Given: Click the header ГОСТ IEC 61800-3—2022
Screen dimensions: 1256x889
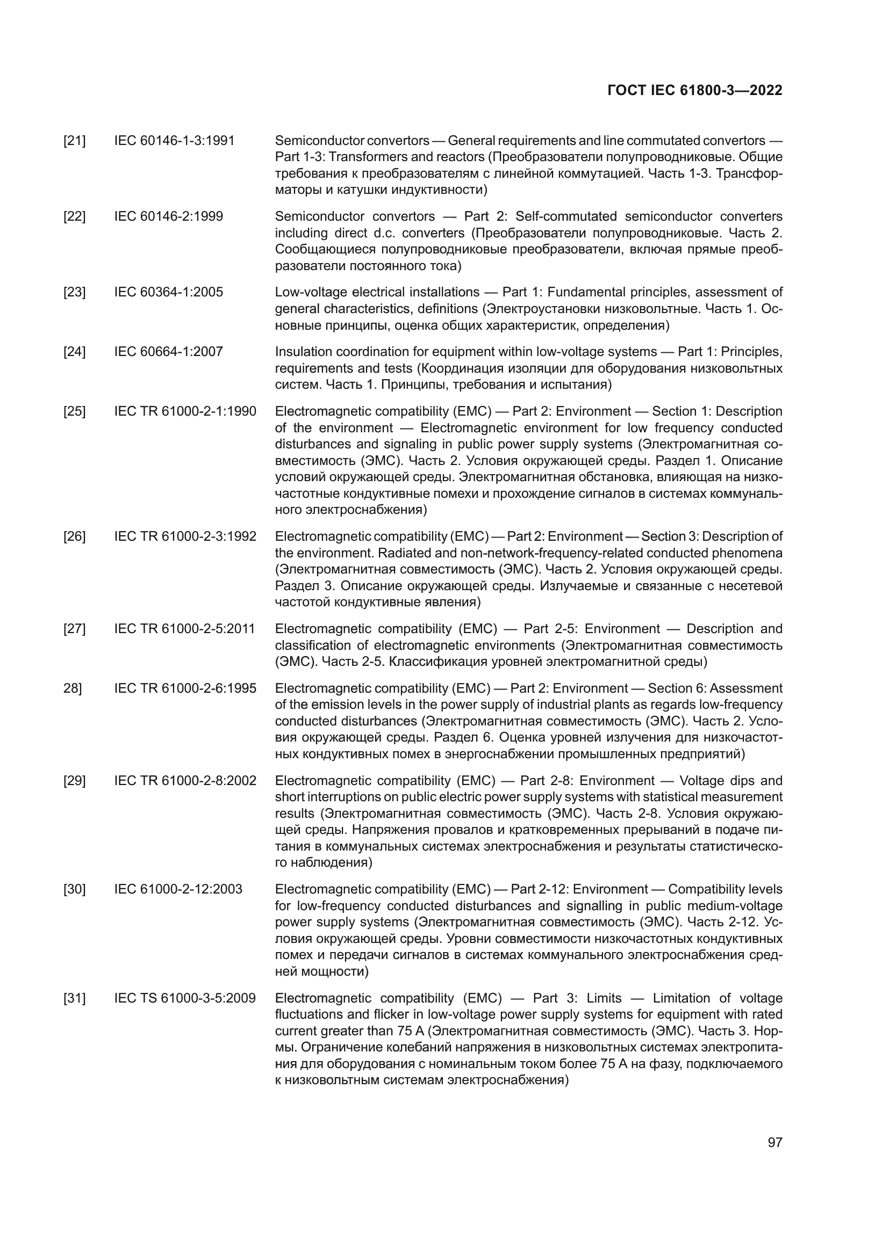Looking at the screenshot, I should click(694, 91).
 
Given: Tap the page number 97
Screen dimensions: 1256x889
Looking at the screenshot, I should click(775, 1142).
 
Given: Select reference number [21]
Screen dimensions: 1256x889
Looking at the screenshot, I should click(75, 141).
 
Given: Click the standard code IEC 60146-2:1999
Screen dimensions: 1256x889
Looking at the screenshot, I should click(169, 216).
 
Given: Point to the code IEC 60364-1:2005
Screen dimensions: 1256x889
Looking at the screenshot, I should click(169, 292).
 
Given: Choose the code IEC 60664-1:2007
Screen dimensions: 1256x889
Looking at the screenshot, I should click(169, 352).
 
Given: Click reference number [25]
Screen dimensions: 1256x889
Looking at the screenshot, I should click(75, 411).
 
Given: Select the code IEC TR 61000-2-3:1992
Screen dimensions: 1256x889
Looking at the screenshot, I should click(185, 536).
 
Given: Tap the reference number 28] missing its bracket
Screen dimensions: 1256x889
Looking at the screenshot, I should click(73, 689).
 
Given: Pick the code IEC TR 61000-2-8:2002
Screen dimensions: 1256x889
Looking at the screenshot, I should click(185, 781).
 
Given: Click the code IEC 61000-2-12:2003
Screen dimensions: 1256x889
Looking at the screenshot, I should click(178, 889).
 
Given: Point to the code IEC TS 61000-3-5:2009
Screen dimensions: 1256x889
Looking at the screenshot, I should click(185, 998).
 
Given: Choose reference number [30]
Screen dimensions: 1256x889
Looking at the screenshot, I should click(75, 889).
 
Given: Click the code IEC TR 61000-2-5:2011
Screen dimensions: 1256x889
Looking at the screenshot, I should click(185, 629).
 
